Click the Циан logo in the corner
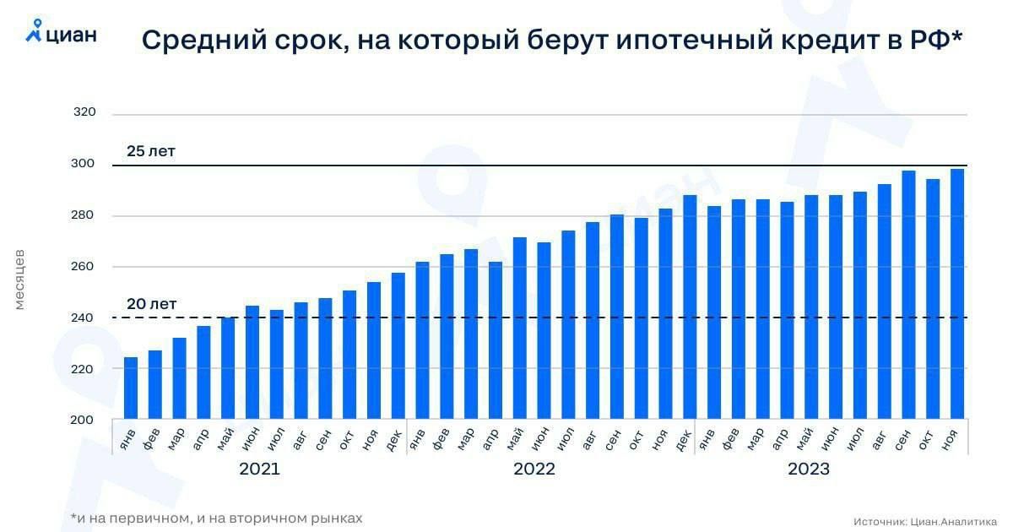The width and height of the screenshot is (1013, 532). pos(61,33)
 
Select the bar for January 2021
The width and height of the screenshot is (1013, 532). pos(131,388)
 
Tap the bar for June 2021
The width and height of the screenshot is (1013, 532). pos(252,363)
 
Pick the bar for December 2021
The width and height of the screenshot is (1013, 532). pos(398,346)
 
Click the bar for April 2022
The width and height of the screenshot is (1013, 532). pos(496,341)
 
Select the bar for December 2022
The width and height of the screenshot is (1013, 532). pos(690,307)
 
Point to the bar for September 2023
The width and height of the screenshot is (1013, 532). pos(908,296)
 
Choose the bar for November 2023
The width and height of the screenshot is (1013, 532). pos(957,295)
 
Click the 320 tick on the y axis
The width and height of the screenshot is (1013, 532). pos(84,112)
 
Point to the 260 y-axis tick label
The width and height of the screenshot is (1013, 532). pos(84,267)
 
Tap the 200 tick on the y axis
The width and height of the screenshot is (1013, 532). pos(84,421)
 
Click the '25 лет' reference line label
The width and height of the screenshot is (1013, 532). pos(151,152)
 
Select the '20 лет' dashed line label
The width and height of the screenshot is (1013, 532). pos(151,304)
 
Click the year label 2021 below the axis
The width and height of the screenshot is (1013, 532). pos(259,470)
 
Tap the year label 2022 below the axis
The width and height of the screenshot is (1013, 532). pos(534,470)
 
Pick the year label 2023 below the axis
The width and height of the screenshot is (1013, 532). pos(809,470)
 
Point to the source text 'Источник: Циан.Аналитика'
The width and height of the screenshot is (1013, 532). pos(925,521)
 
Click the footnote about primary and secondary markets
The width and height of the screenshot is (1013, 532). pos(217,518)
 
